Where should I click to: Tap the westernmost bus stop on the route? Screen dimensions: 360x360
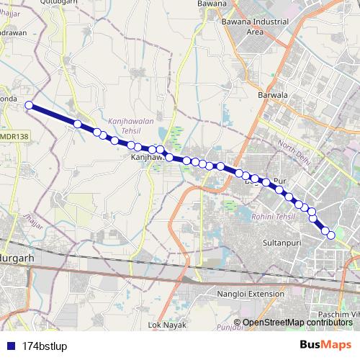click(29, 106)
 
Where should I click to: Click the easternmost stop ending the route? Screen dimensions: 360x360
click(331, 235)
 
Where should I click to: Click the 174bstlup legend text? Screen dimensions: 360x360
click(45, 344)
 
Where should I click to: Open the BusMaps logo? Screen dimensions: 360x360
click(325, 344)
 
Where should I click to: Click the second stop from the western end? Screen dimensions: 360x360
click(77, 124)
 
